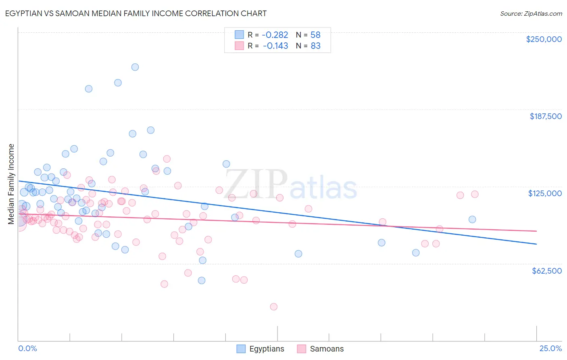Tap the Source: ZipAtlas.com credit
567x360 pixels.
(x=531, y=14)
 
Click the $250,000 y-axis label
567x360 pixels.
(x=544, y=39)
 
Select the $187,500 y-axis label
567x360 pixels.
(x=545, y=116)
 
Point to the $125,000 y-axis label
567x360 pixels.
(x=545, y=193)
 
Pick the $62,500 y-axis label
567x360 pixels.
(x=546, y=271)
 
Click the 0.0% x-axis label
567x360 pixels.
(x=27, y=348)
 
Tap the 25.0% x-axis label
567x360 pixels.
(x=550, y=348)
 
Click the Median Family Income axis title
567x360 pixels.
(x=11, y=184)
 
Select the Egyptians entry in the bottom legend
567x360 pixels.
(x=267, y=349)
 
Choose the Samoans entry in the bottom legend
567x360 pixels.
(x=327, y=349)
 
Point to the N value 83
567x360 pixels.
(x=315, y=46)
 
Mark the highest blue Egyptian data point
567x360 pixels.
(x=135, y=67)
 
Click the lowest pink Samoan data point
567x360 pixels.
(x=274, y=307)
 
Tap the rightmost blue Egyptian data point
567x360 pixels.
(x=472, y=220)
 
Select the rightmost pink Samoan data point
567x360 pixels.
(x=475, y=194)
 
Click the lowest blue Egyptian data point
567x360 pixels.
(x=202, y=280)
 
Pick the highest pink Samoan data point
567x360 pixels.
(x=167, y=159)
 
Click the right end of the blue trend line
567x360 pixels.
(x=536, y=244)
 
